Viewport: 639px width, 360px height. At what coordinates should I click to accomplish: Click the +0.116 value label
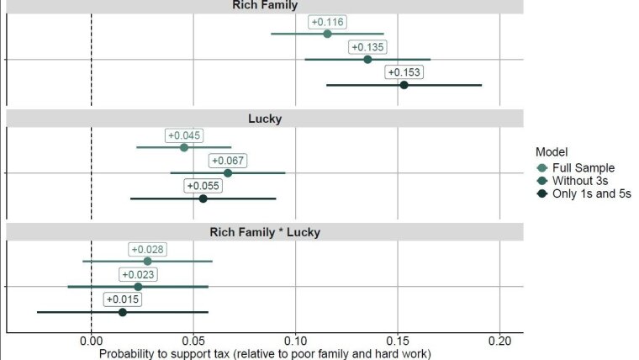click(328, 22)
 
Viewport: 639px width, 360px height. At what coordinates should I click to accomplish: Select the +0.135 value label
click(368, 47)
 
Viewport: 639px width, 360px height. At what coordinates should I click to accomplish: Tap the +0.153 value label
click(404, 72)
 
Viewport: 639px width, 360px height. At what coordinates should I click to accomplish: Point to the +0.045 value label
click(185, 135)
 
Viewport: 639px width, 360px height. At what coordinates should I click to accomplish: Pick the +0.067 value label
click(228, 161)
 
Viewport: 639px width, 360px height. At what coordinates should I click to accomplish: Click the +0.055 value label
click(203, 186)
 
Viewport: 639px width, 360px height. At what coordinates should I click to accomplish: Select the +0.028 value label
click(148, 249)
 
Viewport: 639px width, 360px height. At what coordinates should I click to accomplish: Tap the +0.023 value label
click(138, 274)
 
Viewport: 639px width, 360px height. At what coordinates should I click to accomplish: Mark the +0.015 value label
click(122, 299)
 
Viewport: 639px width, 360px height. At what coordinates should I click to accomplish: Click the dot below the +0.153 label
click(404, 85)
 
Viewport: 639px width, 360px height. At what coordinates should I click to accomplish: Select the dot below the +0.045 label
click(184, 147)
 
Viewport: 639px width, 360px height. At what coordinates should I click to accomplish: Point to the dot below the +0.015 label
click(122, 312)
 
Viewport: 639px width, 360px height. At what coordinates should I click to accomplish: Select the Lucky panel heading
click(265, 119)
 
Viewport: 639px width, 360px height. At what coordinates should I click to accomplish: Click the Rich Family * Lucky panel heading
click(265, 231)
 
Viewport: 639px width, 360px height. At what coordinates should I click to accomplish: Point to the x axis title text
click(265, 353)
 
